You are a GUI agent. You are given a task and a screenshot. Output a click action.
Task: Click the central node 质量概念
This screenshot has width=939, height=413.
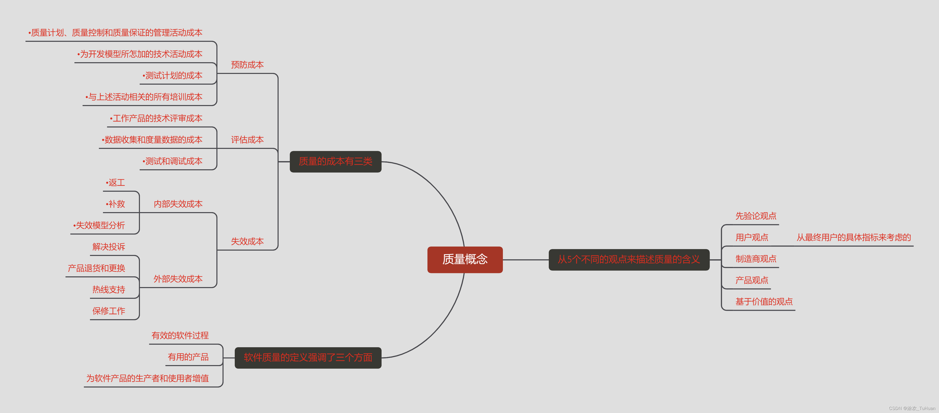(465, 260)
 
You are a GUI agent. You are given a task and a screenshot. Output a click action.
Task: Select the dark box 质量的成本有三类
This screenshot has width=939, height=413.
(335, 161)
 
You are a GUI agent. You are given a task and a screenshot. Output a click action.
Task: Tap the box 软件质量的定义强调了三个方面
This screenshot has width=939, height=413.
(308, 358)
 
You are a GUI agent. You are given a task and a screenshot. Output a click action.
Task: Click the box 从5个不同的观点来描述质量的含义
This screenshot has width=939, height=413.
(629, 260)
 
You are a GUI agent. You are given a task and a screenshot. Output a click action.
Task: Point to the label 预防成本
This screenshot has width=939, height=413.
(247, 65)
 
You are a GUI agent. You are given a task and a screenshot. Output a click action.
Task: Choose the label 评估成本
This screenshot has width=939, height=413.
(247, 140)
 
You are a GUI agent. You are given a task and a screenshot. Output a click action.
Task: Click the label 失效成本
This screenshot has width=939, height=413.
(247, 241)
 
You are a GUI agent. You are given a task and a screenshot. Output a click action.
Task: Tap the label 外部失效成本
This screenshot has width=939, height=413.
(178, 279)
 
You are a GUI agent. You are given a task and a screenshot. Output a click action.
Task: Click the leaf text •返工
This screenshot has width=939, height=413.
(115, 183)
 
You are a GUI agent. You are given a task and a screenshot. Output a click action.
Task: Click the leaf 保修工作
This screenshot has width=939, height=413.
(109, 311)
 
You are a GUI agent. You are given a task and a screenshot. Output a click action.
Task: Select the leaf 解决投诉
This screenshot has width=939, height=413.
(109, 247)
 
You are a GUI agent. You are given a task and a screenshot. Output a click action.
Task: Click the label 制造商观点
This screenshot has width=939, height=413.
(756, 259)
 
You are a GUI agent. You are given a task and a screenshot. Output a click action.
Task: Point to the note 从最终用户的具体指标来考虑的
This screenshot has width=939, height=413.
(854, 238)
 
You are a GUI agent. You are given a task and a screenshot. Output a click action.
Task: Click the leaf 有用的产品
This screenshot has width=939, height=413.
(188, 357)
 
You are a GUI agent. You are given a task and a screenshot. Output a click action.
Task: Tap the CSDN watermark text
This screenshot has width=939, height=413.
(912, 408)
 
